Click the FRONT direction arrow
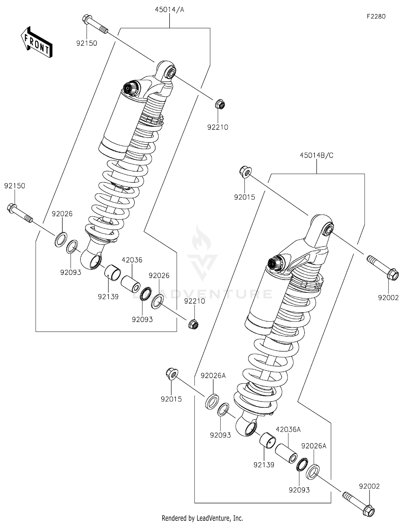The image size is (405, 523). click(x=36, y=42)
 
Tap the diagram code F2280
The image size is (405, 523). click(x=376, y=16)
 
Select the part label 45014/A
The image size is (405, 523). click(x=169, y=10)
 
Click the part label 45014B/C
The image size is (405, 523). click(x=316, y=155)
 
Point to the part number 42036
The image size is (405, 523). click(x=132, y=260)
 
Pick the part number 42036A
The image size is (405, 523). click(x=288, y=429)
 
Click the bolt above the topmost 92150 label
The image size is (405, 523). click(x=94, y=24)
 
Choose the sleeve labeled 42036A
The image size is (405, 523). click(x=286, y=454)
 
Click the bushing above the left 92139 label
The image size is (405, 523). click(x=112, y=273)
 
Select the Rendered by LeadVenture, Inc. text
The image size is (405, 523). click(x=202, y=518)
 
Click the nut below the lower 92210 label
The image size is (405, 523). click(x=193, y=324)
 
